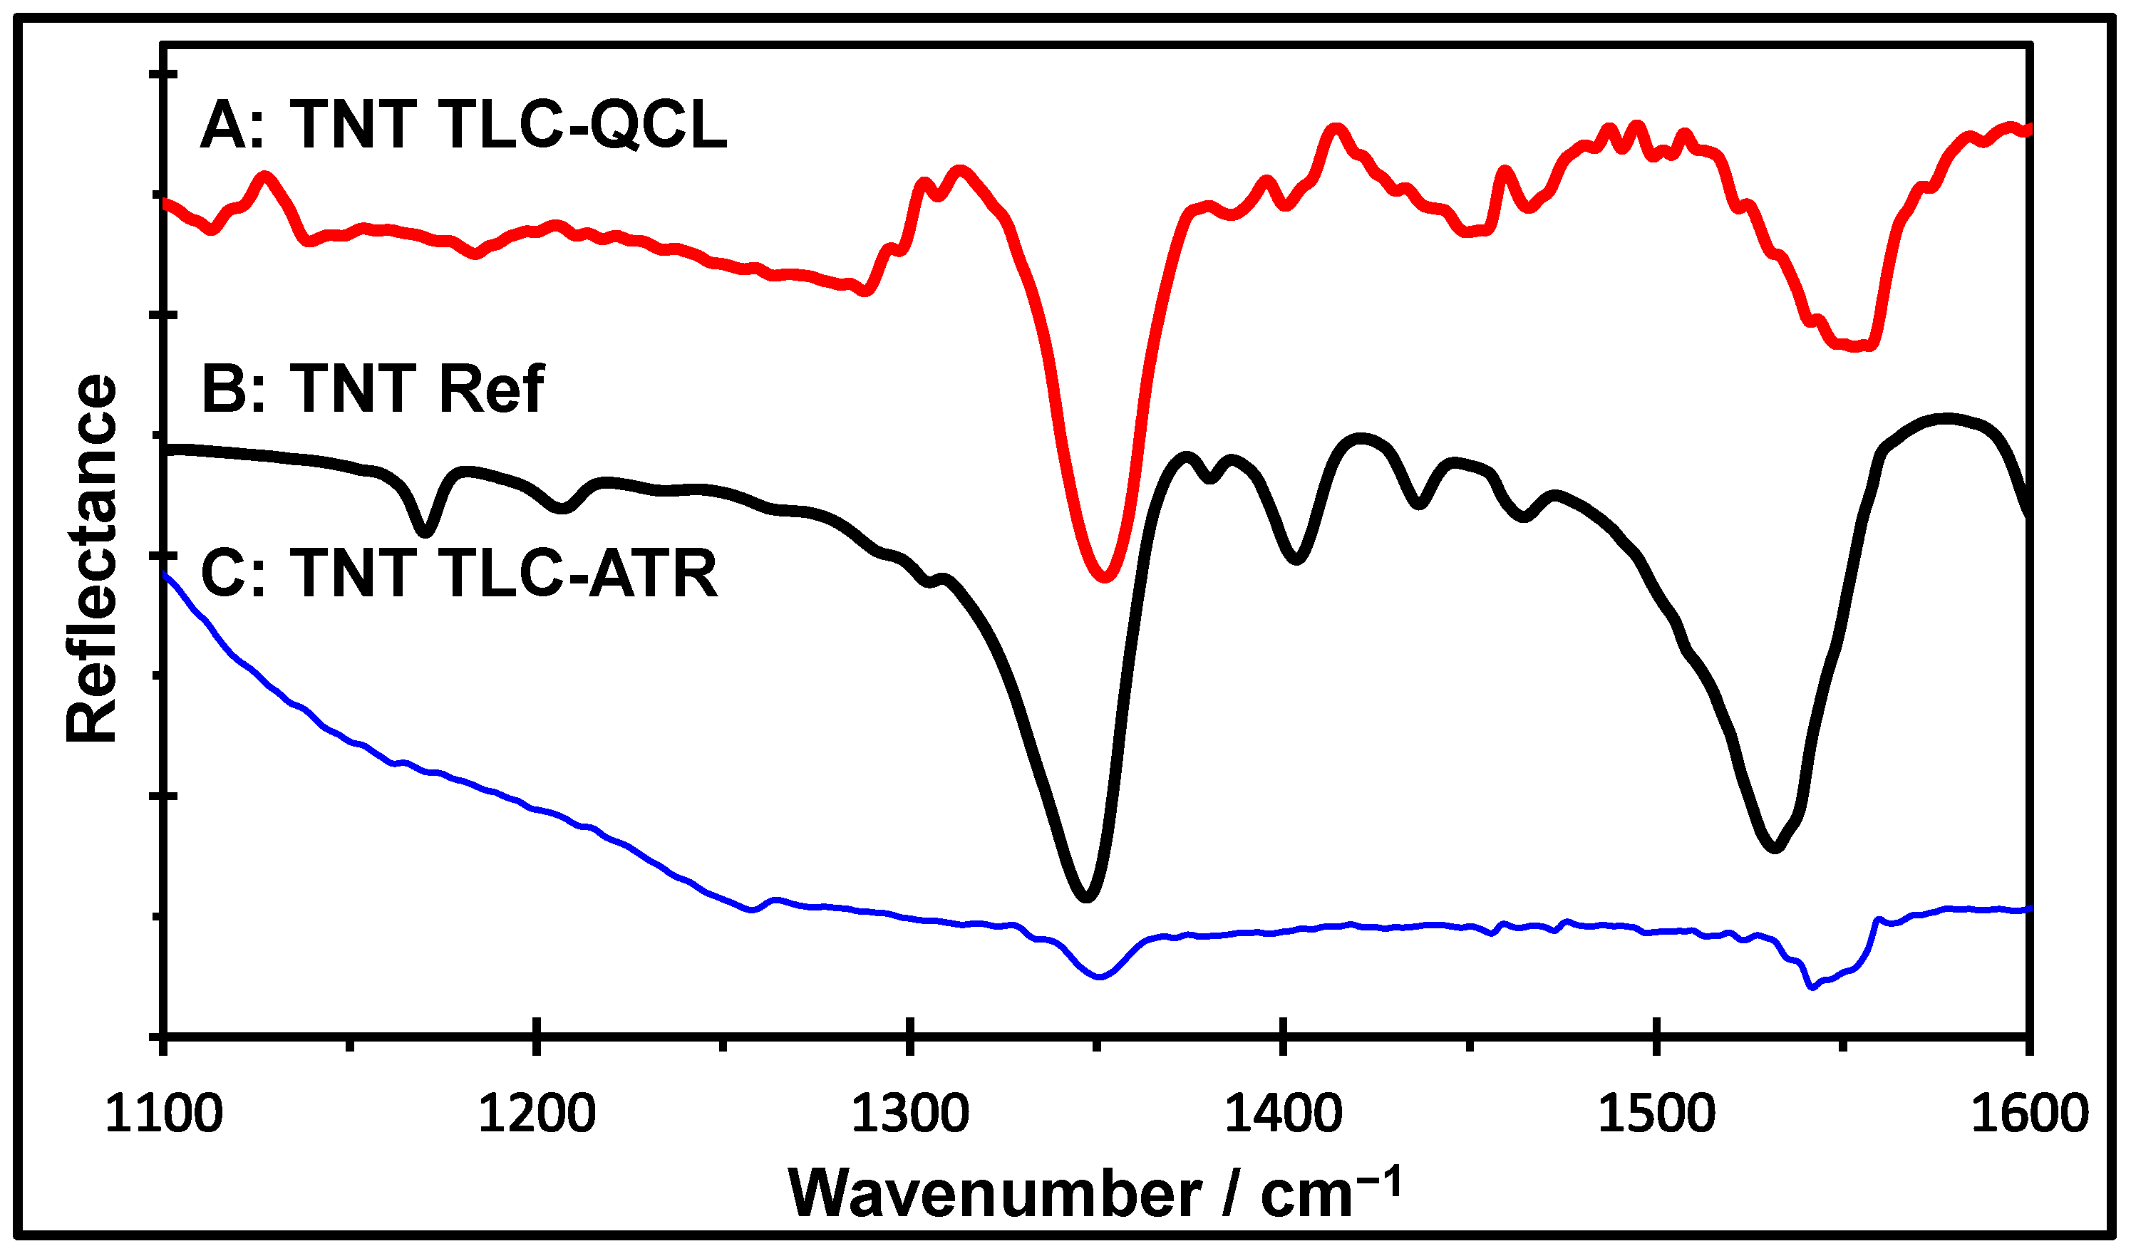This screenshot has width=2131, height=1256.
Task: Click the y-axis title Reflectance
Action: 91,559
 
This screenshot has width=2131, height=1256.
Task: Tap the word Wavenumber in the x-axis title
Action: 994,1194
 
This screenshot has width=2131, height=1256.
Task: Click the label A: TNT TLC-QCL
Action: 463,125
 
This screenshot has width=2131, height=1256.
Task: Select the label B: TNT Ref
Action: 373,389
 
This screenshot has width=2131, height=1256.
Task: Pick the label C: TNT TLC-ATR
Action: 460,573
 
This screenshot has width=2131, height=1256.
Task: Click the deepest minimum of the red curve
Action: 1104,576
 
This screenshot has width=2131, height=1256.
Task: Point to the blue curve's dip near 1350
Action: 1099,976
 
